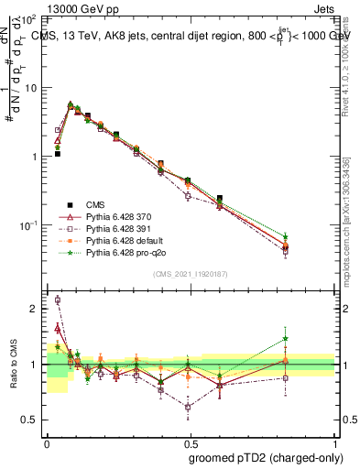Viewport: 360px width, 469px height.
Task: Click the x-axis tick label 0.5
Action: coord(191,442)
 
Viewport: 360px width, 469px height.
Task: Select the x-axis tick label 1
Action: coord(334,442)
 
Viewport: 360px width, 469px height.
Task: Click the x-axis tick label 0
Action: coord(46,442)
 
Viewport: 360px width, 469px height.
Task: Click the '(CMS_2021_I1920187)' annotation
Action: coord(191,273)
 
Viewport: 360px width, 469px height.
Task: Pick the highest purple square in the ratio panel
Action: coord(58,300)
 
